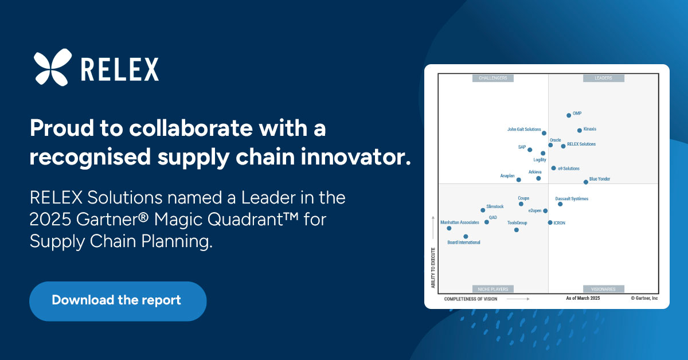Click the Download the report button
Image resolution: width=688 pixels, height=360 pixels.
pyautogui.click(x=118, y=301)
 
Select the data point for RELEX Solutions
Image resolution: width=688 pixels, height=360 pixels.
pyautogui.click(x=563, y=146)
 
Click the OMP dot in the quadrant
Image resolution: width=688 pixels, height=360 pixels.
pyautogui.click(x=569, y=115)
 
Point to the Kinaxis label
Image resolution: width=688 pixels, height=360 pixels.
pyautogui.click(x=590, y=129)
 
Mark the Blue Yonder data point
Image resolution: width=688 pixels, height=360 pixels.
pyautogui.click(x=586, y=182)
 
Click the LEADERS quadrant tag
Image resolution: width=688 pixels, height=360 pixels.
pyautogui.click(x=604, y=78)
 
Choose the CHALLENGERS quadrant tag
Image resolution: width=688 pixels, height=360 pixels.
pyautogui.click(x=493, y=78)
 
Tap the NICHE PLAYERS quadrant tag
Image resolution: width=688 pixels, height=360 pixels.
pyautogui.click(x=493, y=289)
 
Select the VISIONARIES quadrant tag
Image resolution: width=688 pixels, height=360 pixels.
pyautogui.click(x=604, y=289)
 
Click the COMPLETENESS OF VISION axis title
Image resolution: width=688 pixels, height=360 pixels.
pyautogui.click(x=471, y=299)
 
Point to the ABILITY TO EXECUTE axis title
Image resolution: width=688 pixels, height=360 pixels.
pyautogui.click(x=433, y=268)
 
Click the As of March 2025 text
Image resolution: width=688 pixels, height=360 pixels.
pyautogui.click(x=583, y=298)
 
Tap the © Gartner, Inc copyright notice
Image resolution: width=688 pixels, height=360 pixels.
pyautogui.click(x=644, y=298)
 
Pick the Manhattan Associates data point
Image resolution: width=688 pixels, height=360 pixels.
pyautogui.click(x=449, y=228)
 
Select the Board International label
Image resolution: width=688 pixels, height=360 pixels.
pyautogui.click(x=464, y=242)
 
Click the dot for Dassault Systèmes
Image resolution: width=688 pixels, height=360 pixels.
pyautogui.click(x=560, y=204)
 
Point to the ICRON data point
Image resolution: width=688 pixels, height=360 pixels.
pyautogui.click(x=550, y=222)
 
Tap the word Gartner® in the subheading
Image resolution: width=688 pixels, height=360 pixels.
pyautogui.click(x=112, y=220)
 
